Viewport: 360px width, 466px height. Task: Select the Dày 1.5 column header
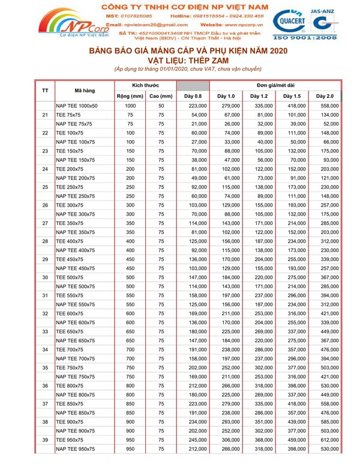pos(292,96)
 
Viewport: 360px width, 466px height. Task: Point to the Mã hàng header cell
pos(85,91)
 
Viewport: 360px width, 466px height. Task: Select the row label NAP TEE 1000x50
pos(77,106)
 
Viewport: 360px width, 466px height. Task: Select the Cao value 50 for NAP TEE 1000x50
pos(161,106)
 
